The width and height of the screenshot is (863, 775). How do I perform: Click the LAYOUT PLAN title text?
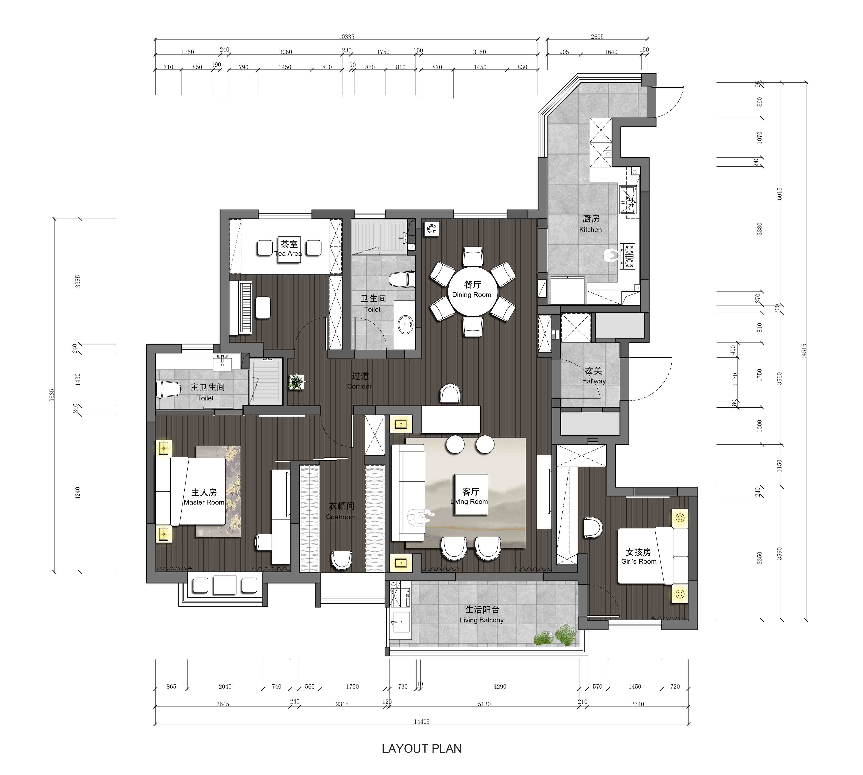click(x=421, y=749)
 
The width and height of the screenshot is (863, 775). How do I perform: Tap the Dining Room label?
click(x=471, y=295)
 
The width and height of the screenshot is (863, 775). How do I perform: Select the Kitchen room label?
click(x=591, y=229)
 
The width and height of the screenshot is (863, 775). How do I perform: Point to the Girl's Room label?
click(x=639, y=561)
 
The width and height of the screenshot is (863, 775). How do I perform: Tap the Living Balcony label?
click(x=481, y=620)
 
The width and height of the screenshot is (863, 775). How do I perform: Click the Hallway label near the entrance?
click(x=594, y=381)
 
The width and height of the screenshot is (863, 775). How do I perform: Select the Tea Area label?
click(x=288, y=253)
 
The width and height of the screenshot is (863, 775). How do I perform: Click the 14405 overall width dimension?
click(x=422, y=721)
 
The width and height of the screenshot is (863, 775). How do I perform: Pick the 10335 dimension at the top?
click(x=346, y=37)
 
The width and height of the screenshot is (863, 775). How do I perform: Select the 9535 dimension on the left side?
click(x=52, y=395)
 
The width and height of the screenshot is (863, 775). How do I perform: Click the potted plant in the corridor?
click(x=296, y=382)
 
